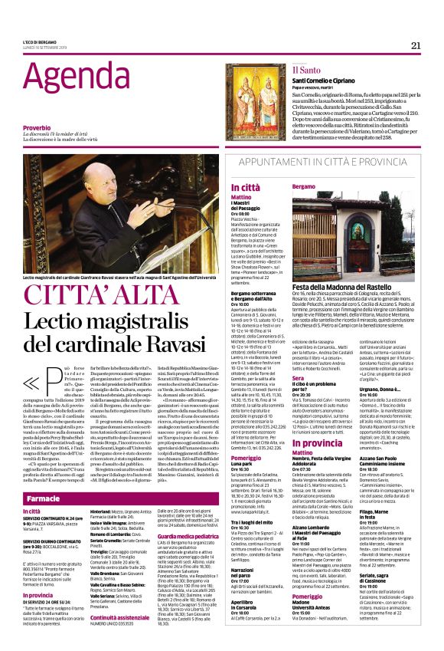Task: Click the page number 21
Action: coord(416,45)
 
